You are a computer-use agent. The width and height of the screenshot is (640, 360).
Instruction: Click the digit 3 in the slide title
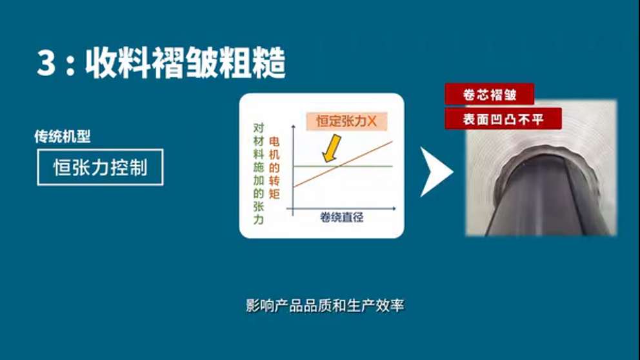point(47,65)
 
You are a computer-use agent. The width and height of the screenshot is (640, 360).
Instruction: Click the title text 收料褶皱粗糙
point(186,65)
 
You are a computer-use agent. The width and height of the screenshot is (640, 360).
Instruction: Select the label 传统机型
point(62,137)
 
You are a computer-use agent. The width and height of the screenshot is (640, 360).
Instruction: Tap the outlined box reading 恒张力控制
point(100,168)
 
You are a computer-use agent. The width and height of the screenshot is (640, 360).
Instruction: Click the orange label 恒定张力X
point(346,121)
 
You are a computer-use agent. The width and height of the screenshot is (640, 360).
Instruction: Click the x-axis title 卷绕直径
point(341,217)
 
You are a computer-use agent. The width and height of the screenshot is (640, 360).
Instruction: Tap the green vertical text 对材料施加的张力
point(259,174)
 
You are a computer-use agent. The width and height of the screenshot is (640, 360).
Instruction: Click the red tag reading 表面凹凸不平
point(503,119)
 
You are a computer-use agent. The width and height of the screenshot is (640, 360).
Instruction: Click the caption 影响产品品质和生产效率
point(325,305)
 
